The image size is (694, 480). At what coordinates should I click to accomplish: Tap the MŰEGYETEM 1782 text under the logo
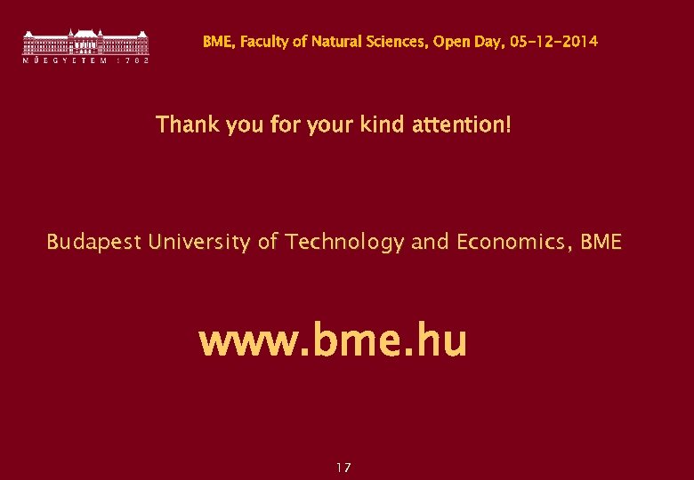[x=85, y=60]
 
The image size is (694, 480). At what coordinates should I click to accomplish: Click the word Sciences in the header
[x=399, y=42]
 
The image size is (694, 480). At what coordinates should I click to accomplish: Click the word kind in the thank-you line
[x=383, y=124]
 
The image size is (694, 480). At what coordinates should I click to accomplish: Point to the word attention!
[x=463, y=124]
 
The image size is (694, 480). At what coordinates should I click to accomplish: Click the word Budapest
[x=93, y=242]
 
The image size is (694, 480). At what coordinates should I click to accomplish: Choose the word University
[x=200, y=242]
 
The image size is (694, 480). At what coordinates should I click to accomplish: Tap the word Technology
[x=344, y=242]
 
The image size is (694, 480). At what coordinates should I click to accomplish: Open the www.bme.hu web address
[x=332, y=341]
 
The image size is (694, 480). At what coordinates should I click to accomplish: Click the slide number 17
[x=344, y=468]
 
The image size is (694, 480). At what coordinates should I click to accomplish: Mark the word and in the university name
[x=431, y=242]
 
